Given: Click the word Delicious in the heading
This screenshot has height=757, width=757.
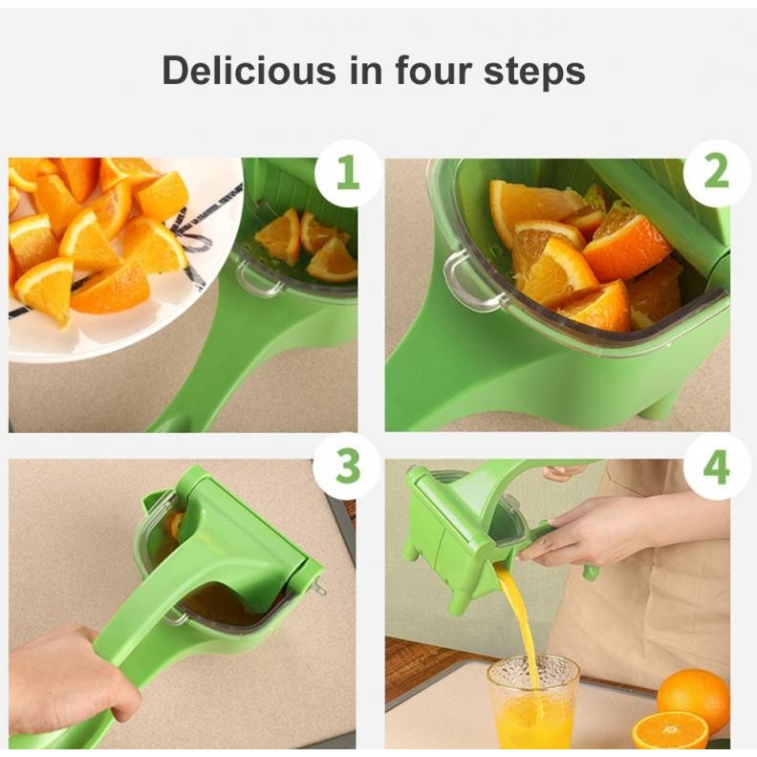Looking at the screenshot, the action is point(249,71).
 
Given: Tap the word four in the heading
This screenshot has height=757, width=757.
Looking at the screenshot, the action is point(434,70).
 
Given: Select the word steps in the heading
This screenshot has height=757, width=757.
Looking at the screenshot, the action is point(534,74).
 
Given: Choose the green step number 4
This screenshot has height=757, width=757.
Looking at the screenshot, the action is point(717,467).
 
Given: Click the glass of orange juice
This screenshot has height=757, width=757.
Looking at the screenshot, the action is point(533,704).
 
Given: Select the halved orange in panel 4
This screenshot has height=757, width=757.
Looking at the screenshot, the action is point(670,733).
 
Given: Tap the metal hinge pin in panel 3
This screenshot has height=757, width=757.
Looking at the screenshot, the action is point(317,587).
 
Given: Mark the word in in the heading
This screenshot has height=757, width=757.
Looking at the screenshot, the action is point(365,70).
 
